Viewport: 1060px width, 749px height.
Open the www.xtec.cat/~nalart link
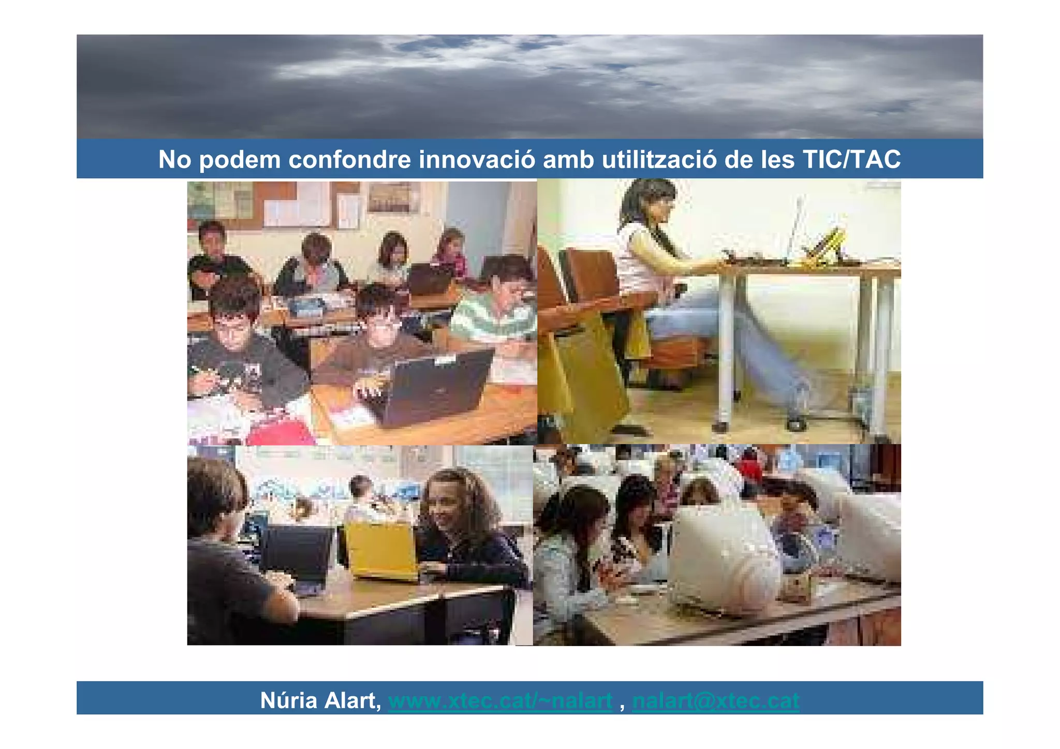pos(500,700)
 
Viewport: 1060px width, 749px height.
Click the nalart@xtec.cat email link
pos(716,700)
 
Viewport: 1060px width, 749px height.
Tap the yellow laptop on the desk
pos(381,551)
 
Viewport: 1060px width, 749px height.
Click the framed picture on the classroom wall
pos(393,198)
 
